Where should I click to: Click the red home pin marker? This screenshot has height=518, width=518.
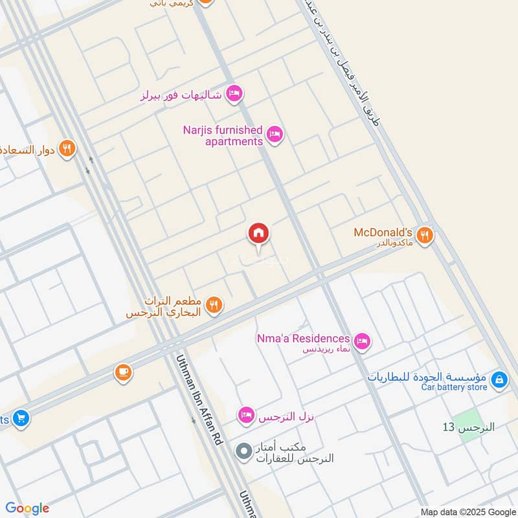[258, 234]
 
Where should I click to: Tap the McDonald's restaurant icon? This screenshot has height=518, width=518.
[425, 235]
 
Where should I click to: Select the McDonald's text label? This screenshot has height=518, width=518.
[383, 232]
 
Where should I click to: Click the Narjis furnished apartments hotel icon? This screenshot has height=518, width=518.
[275, 135]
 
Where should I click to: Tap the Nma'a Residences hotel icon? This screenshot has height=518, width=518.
[362, 339]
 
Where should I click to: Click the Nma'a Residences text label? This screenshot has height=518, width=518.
[304, 338]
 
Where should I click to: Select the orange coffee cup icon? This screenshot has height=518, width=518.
[123, 373]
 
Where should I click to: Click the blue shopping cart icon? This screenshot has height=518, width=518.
[21, 419]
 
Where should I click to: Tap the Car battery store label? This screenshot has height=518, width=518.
[454, 387]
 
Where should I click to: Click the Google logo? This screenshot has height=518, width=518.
[27, 508]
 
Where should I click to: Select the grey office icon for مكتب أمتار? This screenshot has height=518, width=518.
[243, 451]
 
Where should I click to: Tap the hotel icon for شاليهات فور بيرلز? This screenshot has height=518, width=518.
[235, 95]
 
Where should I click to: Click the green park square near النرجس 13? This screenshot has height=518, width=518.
[472, 425]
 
